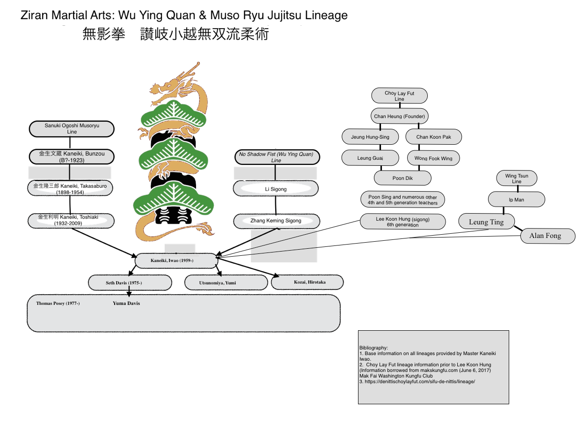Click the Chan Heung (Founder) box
tap(399, 116)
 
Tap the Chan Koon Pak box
tap(434, 137)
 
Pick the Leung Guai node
tap(370, 158)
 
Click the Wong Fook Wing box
tap(433, 158)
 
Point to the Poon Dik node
tap(402, 178)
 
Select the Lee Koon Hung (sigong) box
tap(402, 222)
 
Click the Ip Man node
tap(516, 200)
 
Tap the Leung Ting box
tap(486, 222)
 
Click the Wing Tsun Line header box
tap(517, 178)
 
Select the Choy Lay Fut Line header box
tap(399, 96)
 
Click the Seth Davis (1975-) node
tap(130, 283)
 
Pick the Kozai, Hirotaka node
tap(307, 282)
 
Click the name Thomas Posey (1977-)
tap(58, 304)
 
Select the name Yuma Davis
tap(126, 303)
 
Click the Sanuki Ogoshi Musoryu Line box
tap(72, 129)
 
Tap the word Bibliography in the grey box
tap(373, 348)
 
